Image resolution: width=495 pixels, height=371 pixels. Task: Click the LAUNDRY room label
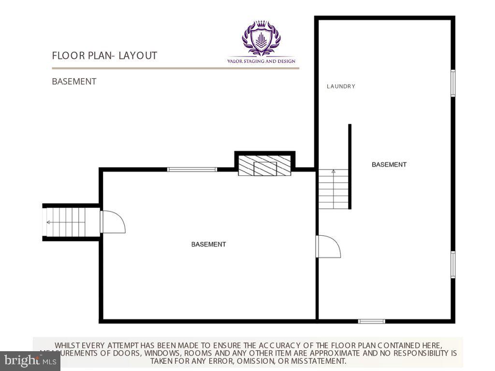pyautogui.click(x=341, y=86)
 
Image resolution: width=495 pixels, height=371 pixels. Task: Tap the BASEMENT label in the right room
pyautogui.click(x=389, y=165)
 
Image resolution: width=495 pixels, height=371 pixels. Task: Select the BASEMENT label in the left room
pyautogui.click(x=208, y=244)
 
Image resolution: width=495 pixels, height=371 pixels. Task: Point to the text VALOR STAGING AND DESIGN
pyautogui.click(x=261, y=61)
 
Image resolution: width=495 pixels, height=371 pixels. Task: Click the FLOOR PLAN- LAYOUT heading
pyautogui.click(x=104, y=56)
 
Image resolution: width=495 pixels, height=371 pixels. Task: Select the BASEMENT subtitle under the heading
pyautogui.click(x=74, y=81)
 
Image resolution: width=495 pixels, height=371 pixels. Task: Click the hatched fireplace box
pyautogui.click(x=264, y=165)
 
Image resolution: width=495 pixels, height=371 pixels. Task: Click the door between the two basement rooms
pyautogui.click(x=328, y=246)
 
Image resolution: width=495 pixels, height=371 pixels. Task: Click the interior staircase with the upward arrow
pyautogui.click(x=333, y=189)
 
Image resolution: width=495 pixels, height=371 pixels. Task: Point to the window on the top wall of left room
pyautogui.click(x=192, y=170)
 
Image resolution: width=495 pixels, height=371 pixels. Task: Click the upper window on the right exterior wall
pyautogui.click(x=453, y=83)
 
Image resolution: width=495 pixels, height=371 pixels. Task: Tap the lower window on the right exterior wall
pyautogui.click(x=453, y=264)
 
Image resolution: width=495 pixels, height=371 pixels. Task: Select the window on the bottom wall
pyautogui.click(x=371, y=321)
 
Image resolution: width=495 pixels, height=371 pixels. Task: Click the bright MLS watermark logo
pyautogui.click(x=30, y=360)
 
